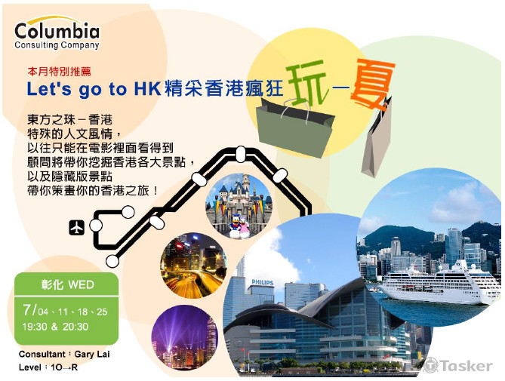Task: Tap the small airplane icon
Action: point(75,226)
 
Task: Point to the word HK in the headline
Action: point(146,88)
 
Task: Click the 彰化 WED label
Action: point(66,285)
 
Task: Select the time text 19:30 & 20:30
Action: point(55,327)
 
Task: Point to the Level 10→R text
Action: point(48,367)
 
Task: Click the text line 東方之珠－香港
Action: point(69,120)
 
